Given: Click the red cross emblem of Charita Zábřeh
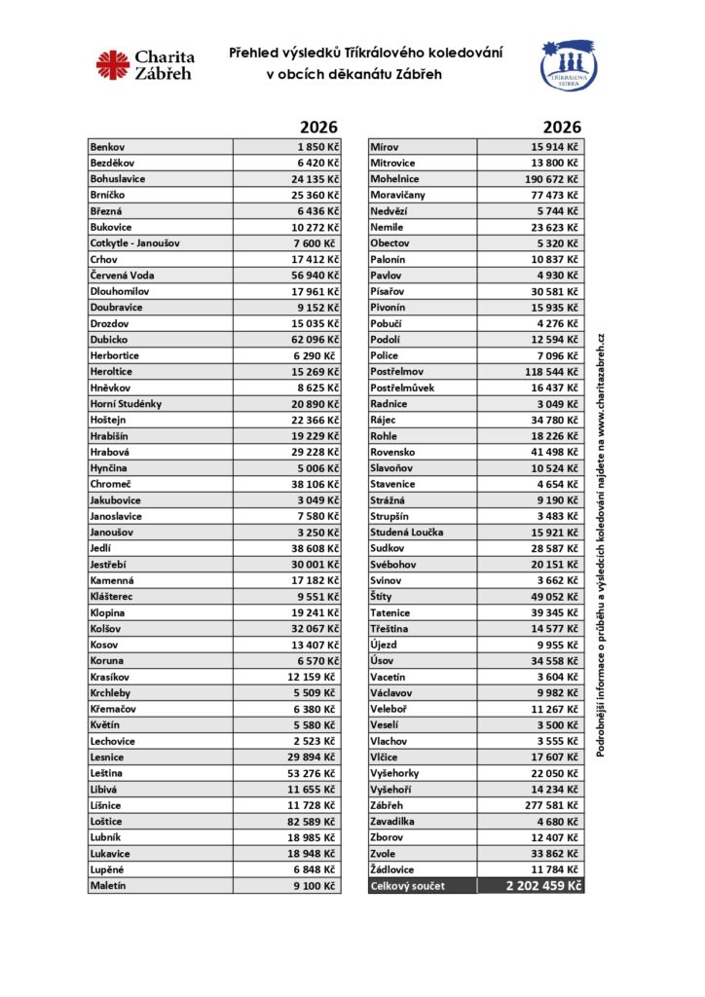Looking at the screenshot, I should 113,65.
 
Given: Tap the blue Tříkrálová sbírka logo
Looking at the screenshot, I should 569,67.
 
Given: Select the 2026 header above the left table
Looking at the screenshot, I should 318,128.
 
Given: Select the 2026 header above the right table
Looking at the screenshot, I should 562,128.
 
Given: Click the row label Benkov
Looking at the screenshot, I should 107,146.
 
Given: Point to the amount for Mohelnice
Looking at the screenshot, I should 553,178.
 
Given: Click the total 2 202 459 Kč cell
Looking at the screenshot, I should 543,886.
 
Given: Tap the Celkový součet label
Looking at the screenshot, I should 406,886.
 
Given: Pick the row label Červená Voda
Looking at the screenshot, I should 122,276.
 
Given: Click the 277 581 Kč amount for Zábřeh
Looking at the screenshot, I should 553,806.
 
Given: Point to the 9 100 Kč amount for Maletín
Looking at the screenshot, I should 315,886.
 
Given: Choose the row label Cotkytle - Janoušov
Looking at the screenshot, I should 134,242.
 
